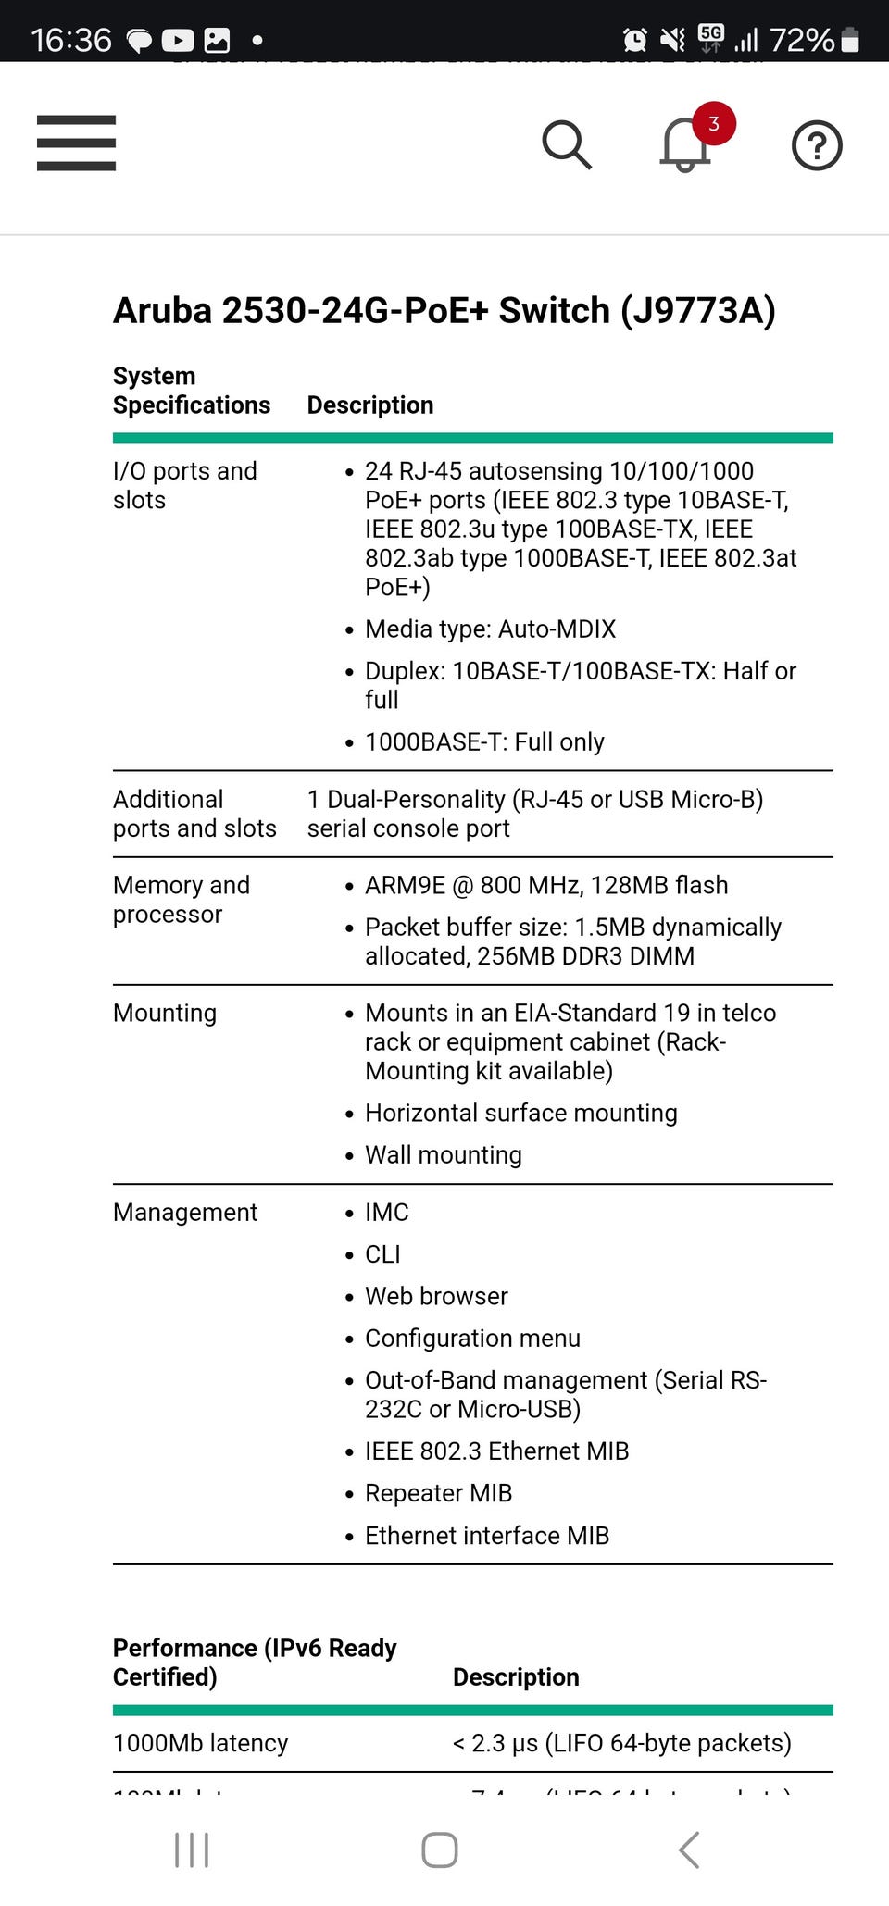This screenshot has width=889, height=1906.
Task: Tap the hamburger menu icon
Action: point(76,143)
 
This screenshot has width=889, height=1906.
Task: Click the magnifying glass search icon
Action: point(566,144)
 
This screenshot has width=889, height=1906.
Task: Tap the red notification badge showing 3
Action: point(713,124)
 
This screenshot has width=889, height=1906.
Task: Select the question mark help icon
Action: point(817,145)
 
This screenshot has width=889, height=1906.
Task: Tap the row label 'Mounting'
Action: point(165,1013)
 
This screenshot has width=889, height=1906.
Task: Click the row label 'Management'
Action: point(185,1212)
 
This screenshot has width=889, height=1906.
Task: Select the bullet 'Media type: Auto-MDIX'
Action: point(490,629)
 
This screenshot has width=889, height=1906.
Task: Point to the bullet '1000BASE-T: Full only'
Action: point(484,741)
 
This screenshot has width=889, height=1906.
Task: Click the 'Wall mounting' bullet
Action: point(443,1154)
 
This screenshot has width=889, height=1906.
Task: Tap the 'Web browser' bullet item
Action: point(436,1296)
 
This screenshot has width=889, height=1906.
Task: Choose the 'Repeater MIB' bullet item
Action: point(438,1493)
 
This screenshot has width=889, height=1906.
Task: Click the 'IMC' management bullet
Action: point(387,1212)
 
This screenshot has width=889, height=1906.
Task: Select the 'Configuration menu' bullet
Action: point(472,1338)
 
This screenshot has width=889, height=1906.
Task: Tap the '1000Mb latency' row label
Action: point(200,1743)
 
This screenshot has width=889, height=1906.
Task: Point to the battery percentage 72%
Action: point(802,40)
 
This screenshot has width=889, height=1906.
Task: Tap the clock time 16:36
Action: point(71,40)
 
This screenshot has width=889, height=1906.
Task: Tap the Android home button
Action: point(439,1850)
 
